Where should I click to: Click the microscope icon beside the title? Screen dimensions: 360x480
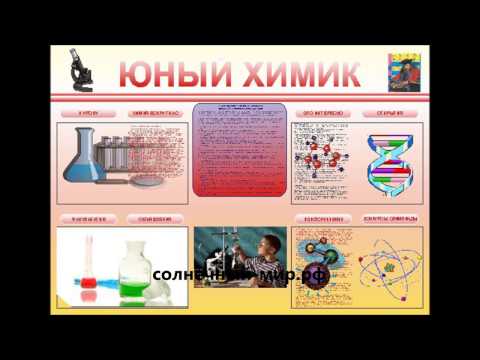click(79, 71)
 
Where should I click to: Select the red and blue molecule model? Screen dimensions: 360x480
click(325, 160)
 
